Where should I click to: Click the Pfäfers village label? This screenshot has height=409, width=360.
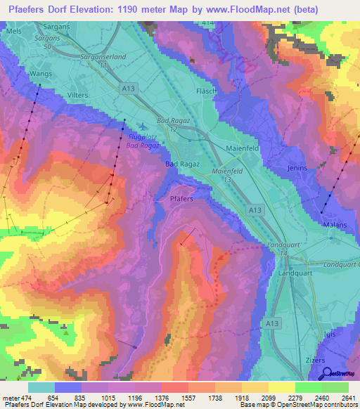(x=181, y=199)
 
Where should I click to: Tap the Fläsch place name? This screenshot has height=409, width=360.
(x=205, y=92)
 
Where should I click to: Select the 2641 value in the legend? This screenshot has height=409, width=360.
(x=348, y=398)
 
